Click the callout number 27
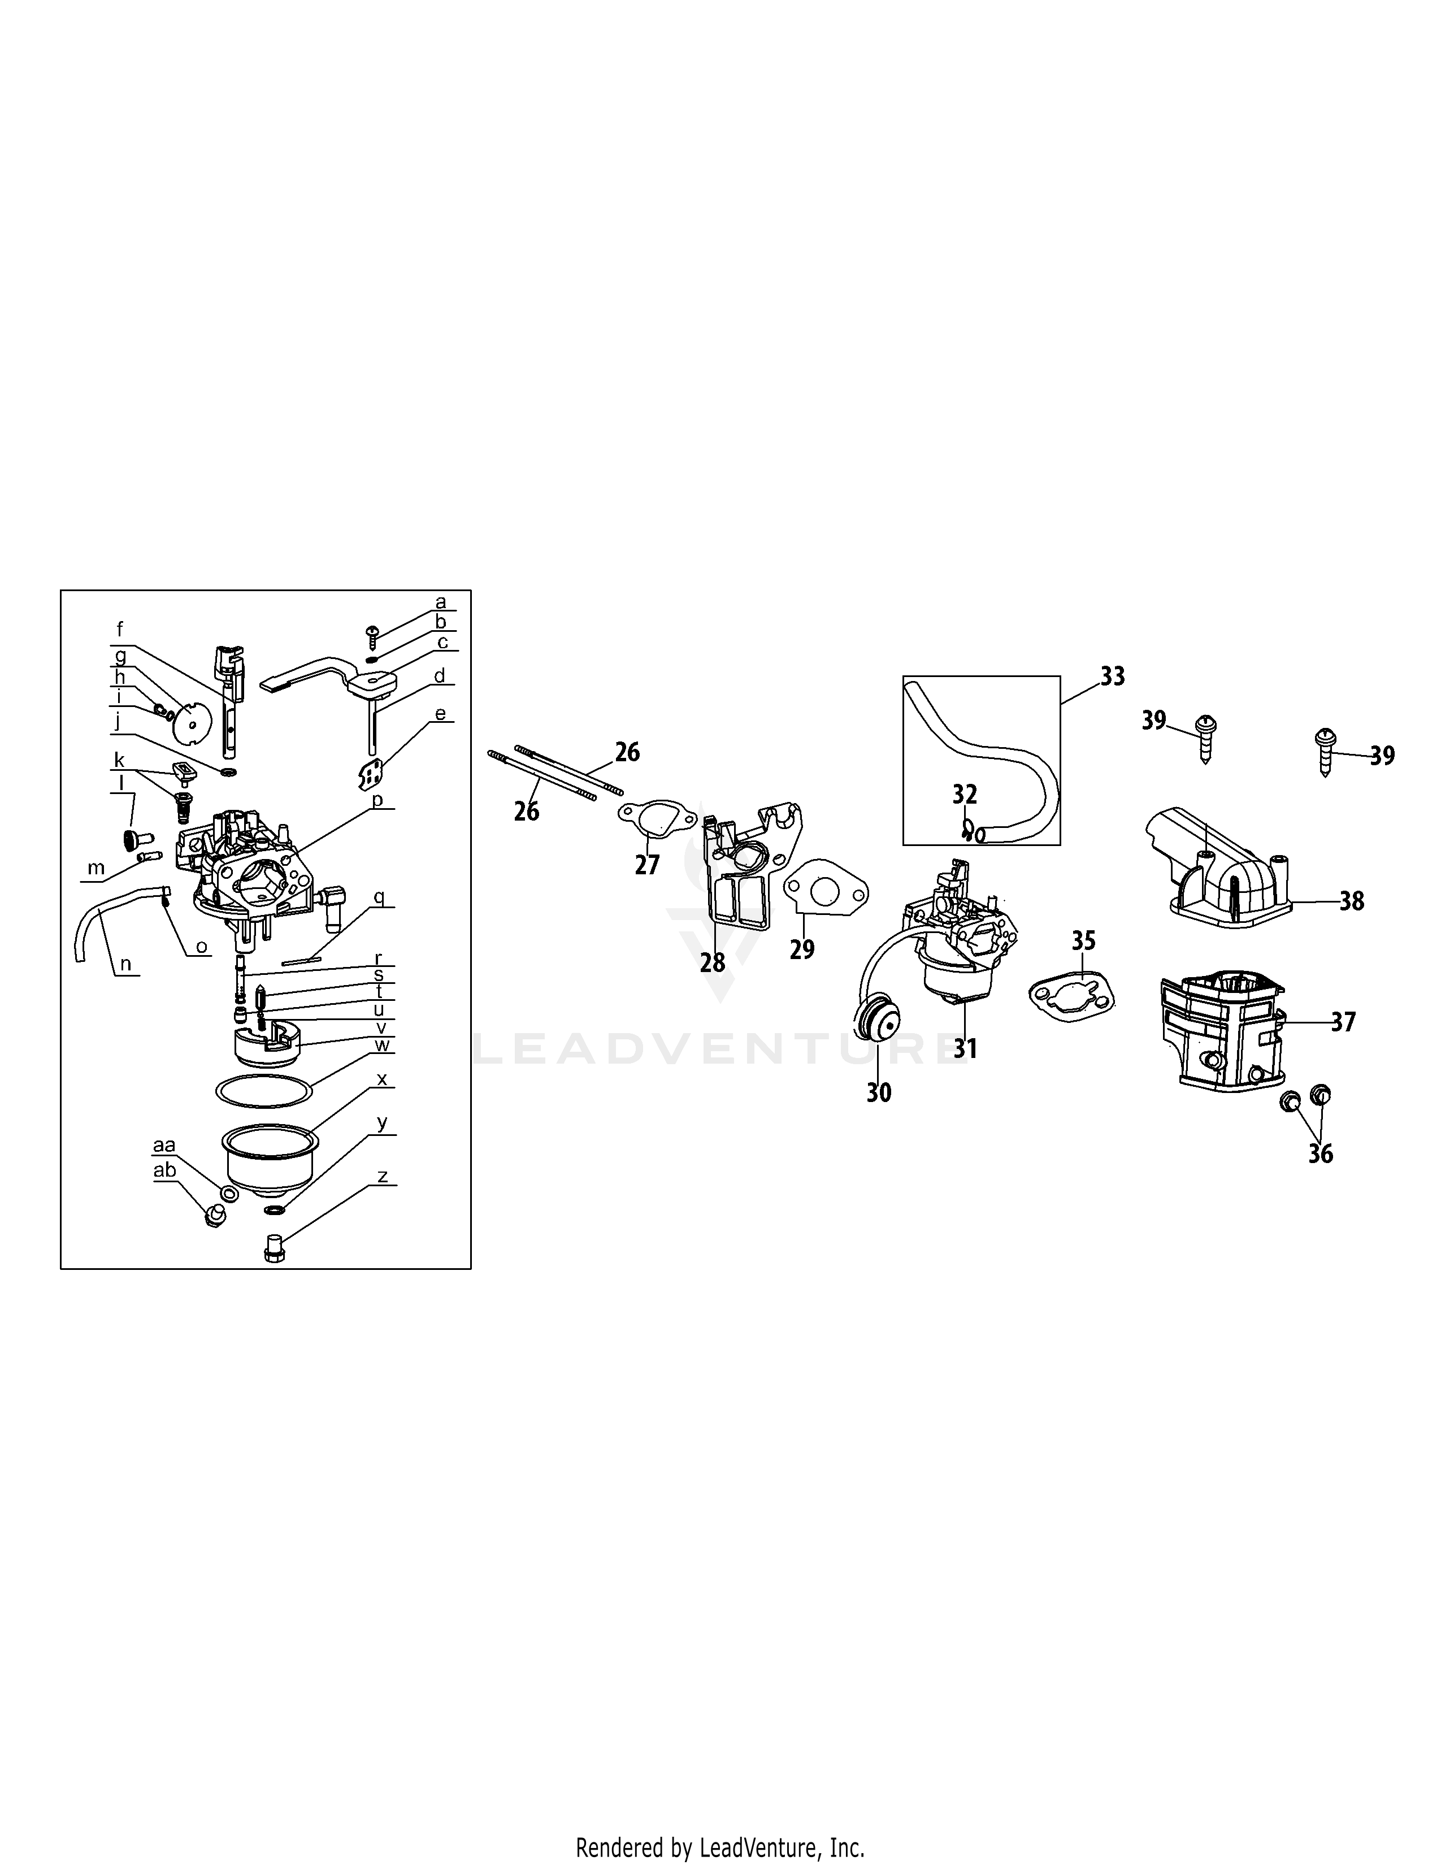coord(647,865)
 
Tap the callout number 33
coord(1112,676)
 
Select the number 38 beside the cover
coord(1351,901)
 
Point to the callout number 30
coord(878,1092)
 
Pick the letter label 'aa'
coord(164,1145)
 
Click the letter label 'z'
coord(383,1177)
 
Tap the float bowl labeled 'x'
coord(270,1160)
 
